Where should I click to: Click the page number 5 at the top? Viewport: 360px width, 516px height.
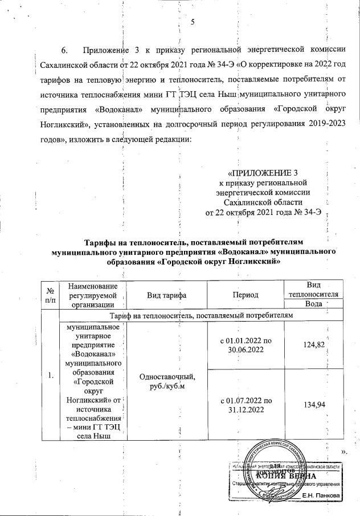coord(193,22)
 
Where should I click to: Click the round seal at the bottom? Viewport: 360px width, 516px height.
coord(276,470)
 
